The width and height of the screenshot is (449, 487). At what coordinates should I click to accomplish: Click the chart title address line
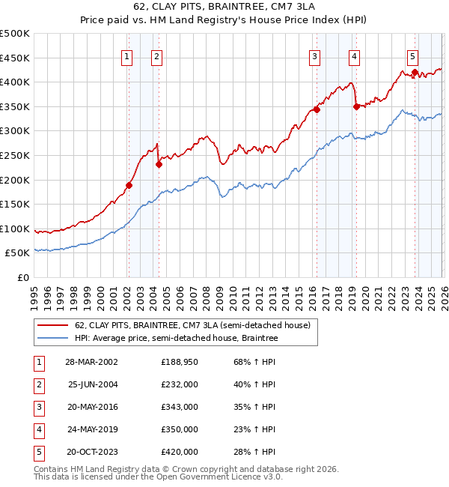224,7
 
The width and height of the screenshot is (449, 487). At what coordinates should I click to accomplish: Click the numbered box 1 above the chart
127,56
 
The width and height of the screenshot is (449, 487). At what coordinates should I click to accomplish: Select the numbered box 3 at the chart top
315,56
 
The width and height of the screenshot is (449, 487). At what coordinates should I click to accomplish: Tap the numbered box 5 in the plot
413,56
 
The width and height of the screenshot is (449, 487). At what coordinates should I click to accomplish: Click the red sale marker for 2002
129,185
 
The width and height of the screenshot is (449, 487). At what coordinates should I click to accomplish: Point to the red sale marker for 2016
317,109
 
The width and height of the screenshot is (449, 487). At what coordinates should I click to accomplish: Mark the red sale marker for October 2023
415,72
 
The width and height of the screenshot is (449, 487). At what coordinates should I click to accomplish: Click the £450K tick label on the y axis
15,58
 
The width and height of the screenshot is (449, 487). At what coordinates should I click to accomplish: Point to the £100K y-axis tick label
15,229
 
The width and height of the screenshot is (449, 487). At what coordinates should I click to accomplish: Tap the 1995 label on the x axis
34,293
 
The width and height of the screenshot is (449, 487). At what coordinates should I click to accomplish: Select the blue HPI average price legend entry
176,339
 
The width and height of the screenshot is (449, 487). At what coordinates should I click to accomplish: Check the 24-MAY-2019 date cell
91,429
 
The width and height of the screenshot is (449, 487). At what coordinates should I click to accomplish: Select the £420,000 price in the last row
180,452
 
